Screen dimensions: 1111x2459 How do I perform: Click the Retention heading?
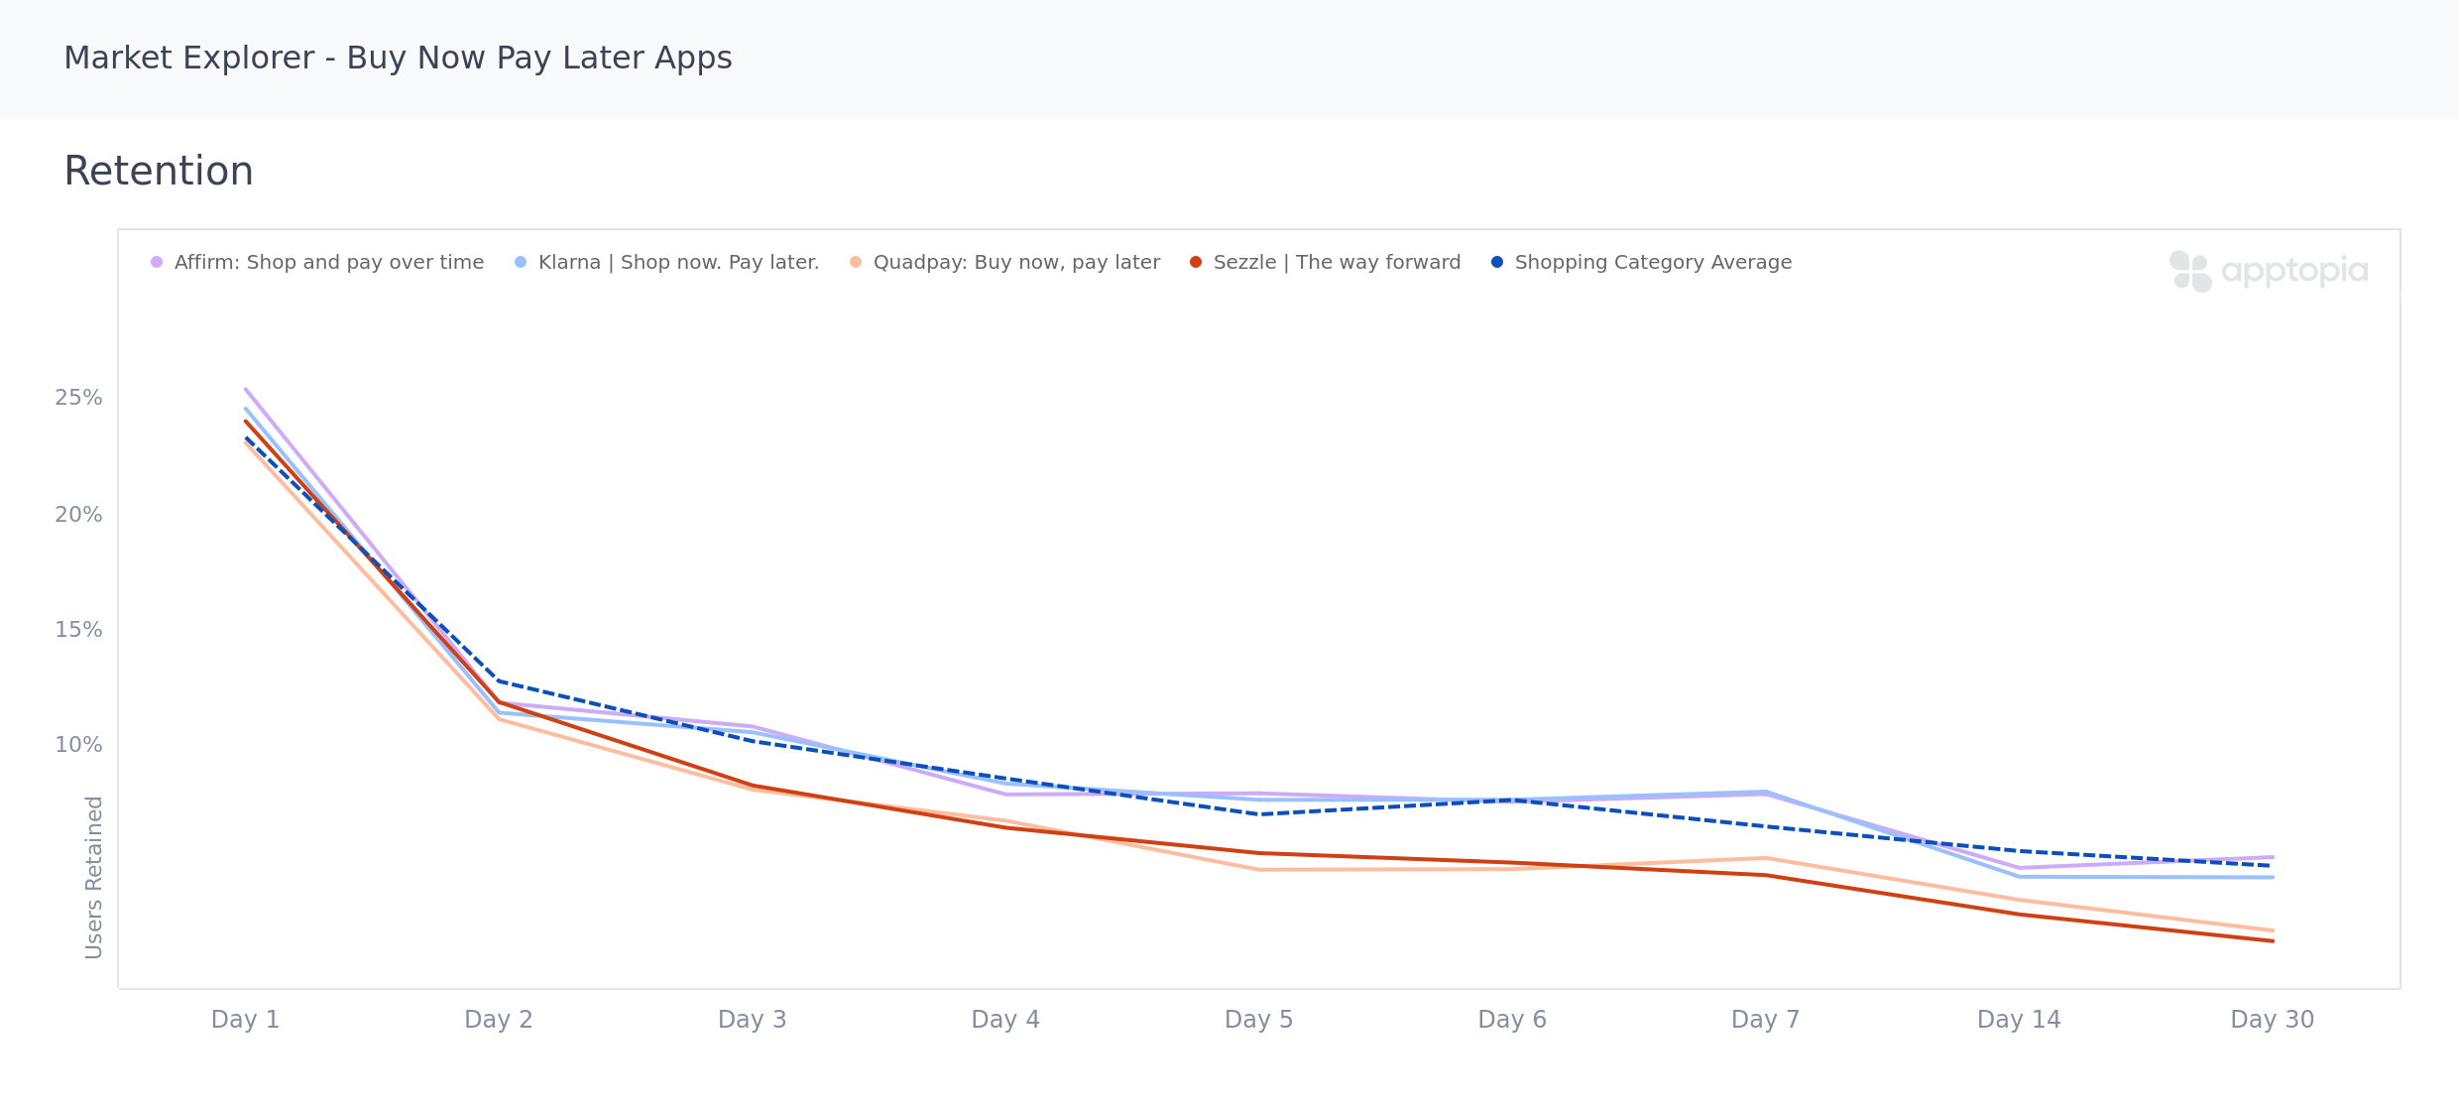tap(159, 172)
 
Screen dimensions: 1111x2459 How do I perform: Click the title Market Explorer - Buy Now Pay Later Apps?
tap(398, 59)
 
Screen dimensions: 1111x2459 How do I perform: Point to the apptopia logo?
tap(2269, 271)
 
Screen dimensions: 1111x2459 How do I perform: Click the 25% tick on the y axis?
tap(78, 398)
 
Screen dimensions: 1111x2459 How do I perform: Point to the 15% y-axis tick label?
tap(78, 630)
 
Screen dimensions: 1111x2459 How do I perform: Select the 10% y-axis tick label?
tap(78, 745)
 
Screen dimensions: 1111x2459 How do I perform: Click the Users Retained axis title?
tap(94, 877)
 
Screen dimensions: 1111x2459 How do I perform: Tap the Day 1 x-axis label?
tap(245, 1020)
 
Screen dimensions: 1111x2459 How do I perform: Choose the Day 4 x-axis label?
tap(1005, 1020)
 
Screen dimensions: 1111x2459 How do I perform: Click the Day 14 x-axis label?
tap(2019, 1020)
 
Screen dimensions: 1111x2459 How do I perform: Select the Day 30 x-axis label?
tap(2272, 1020)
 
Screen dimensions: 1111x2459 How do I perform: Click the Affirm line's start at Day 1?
tap(246, 389)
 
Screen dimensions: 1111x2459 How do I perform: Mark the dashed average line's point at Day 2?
tap(499, 681)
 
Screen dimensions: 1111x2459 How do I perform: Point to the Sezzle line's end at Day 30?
tap(2272, 940)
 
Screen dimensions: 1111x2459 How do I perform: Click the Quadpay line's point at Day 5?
tap(1259, 870)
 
